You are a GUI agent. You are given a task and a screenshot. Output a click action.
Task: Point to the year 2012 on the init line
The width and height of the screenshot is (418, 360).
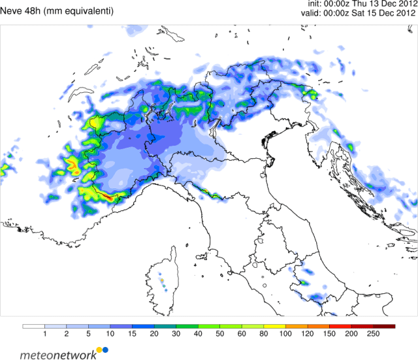[403, 4]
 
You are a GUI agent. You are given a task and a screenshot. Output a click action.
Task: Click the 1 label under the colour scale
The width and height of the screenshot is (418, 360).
[44, 333]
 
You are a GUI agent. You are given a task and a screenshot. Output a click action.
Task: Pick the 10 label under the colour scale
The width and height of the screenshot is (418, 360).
[110, 333]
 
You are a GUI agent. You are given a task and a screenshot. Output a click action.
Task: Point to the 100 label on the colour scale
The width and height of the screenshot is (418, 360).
[286, 333]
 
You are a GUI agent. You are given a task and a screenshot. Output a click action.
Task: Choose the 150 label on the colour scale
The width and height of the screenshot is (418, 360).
[330, 333]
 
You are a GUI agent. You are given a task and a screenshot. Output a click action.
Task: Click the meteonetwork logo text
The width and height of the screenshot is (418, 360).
[56, 355]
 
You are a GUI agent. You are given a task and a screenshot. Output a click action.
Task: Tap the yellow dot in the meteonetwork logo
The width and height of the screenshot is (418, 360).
[99, 350]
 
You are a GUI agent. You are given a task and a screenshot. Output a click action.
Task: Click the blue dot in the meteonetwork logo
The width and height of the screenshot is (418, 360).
[105, 350]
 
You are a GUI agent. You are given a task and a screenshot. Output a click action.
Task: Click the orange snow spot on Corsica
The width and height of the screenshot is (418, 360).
[161, 281]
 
